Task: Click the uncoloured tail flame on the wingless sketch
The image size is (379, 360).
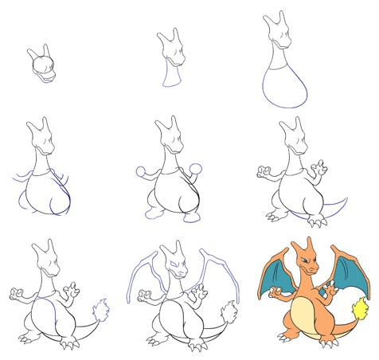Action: (100, 308)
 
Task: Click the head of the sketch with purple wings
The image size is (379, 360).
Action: (174, 260)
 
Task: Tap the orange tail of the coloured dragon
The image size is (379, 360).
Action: (342, 327)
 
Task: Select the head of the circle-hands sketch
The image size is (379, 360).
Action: (169, 136)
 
